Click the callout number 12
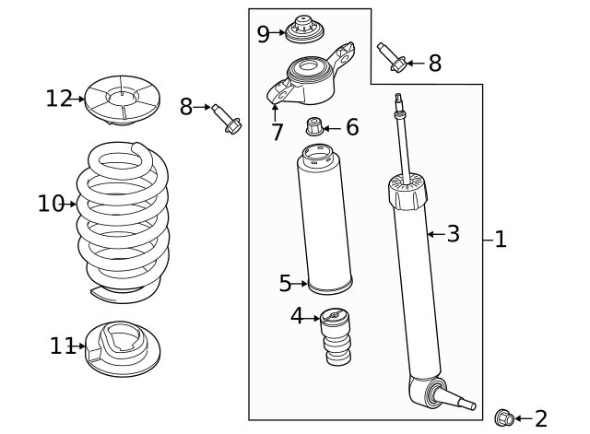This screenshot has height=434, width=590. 59,98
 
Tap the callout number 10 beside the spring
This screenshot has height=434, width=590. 51,204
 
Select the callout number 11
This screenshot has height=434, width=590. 62,346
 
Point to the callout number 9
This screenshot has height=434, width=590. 264,34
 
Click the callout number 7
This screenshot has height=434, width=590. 277,133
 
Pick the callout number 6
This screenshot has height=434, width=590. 352,127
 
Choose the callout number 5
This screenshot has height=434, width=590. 285,283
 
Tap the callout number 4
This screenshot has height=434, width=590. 297,316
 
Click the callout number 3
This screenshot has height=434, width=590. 453,234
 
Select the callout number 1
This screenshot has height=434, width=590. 501,240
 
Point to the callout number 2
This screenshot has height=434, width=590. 540,419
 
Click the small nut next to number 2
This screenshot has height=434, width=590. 505,418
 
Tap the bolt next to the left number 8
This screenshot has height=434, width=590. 225,119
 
